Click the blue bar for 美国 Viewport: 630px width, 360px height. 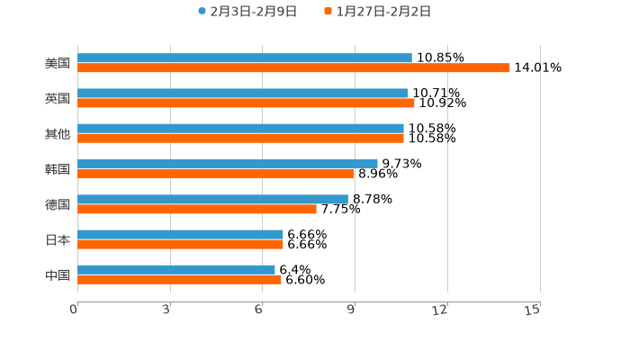[x=245, y=58]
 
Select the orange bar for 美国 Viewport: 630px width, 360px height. [x=293, y=67]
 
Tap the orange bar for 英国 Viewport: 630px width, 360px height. [x=246, y=103]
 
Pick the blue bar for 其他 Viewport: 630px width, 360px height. [x=240, y=129]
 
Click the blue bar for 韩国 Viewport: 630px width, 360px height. [x=228, y=164]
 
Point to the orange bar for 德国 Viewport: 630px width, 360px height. [x=197, y=209]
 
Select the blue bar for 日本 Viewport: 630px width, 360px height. [x=180, y=235]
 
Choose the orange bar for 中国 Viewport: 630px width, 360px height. [x=179, y=279]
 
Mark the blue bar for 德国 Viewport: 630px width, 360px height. [x=212, y=199]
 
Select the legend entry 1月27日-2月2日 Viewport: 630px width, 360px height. [x=382, y=12]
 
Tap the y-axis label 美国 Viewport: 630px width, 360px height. [x=57, y=63]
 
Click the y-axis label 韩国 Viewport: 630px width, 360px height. [x=57, y=169]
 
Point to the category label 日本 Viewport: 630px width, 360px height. [x=57, y=239]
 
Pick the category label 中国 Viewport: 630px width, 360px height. [x=57, y=274]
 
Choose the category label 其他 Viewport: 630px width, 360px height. [x=57, y=133]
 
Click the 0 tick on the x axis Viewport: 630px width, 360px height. [x=75, y=310]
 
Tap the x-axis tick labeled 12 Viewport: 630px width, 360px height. [x=440, y=310]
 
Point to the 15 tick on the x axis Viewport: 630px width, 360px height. [x=533, y=310]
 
